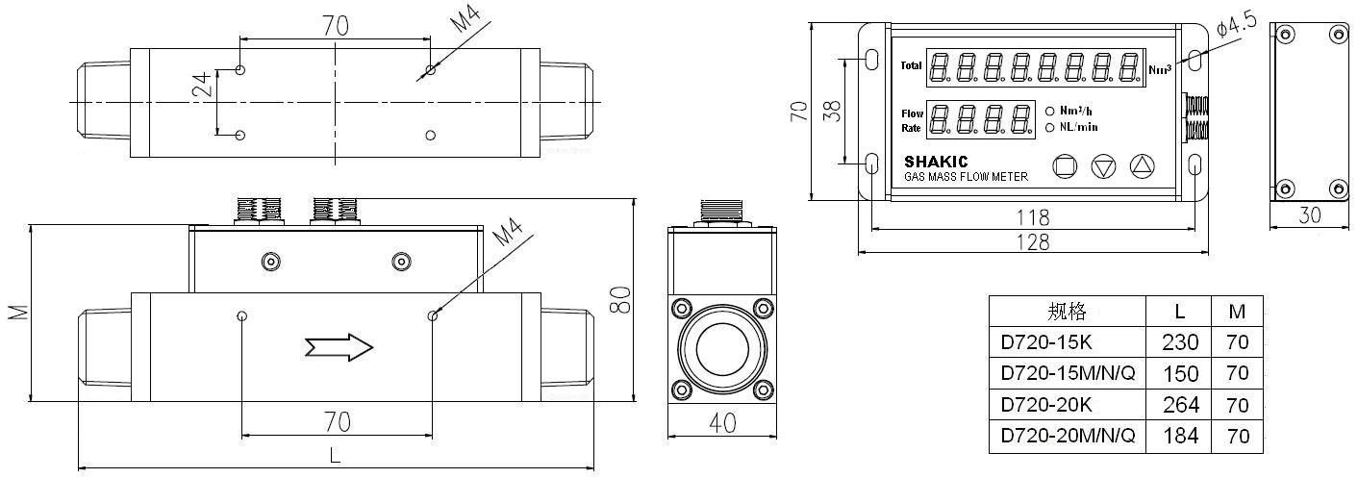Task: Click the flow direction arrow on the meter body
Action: tap(338, 347)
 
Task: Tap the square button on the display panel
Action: tap(1065, 166)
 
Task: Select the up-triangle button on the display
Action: tap(1141, 166)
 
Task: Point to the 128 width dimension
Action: tap(1033, 242)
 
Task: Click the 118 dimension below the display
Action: tap(1033, 218)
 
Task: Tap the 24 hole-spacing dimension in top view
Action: tap(202, 88)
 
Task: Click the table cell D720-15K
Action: tap(1046, 342)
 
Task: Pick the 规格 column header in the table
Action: tap(1067, 311)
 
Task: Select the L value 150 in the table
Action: tap(1180, 373)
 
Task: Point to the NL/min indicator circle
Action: tap(1050, 127)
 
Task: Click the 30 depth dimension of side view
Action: tap(1309, 216)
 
